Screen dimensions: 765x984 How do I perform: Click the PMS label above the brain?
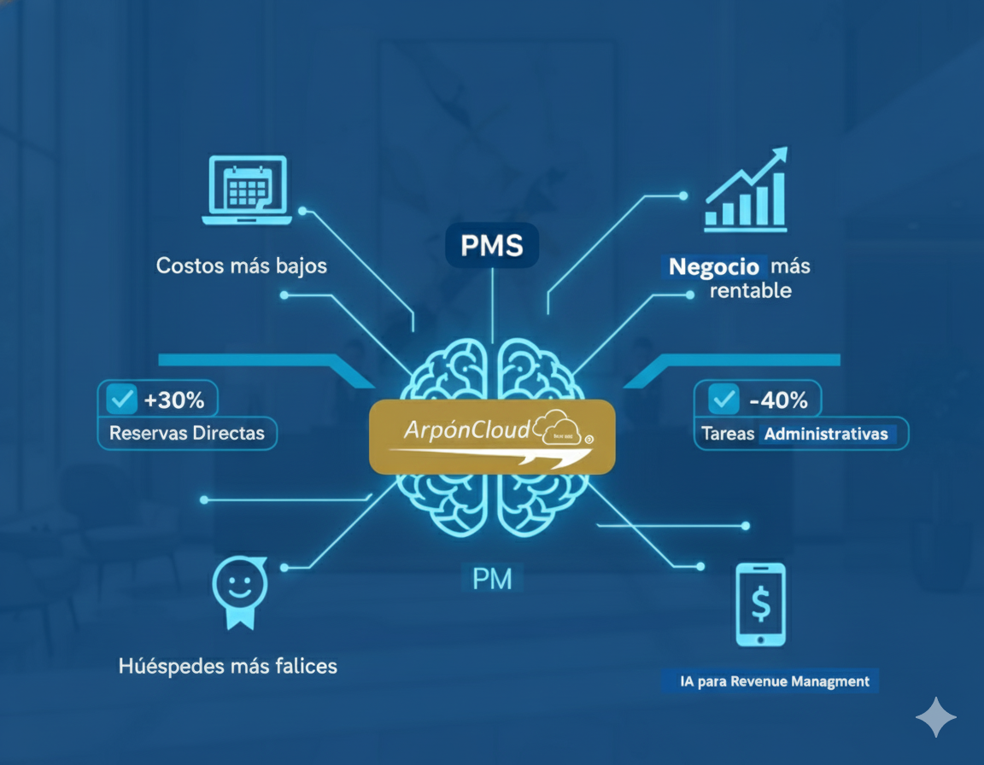pos(491,246)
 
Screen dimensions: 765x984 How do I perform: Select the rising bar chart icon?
pos(745,191)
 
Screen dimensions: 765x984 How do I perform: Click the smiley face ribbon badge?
pos(239,593)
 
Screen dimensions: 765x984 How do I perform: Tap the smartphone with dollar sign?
pos(760,604)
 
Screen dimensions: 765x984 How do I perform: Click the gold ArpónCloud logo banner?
pos(492,436)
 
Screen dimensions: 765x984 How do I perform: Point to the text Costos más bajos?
pos(242,266)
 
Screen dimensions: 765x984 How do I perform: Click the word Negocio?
pos(714,266)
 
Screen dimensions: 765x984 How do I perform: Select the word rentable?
pos(751,291)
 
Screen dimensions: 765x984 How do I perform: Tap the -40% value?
pos(777,399)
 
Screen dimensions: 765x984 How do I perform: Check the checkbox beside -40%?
pos(724,399)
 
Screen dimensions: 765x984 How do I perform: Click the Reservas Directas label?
pos(187,433)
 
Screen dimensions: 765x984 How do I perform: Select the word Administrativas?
pos(826,434)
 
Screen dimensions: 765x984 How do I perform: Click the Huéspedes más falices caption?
pos(228,665)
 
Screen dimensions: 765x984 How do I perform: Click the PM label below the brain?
pos(492,579)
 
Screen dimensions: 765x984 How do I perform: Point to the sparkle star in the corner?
pos(936,717)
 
